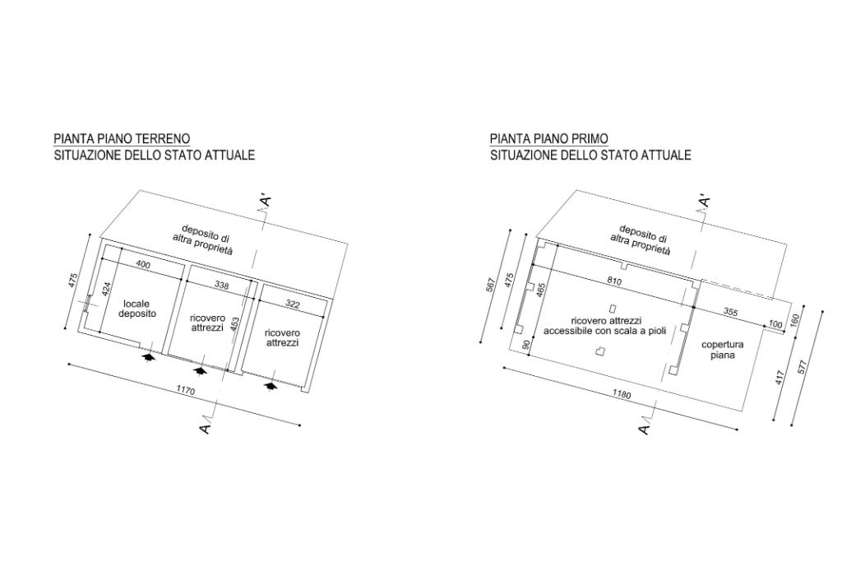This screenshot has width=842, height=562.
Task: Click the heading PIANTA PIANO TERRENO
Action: pyautogui.click(x=122, y=138)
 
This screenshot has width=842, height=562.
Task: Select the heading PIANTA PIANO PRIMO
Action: pyautogui.click(x=549, y=138)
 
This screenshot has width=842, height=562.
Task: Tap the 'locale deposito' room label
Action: pyautogui.click(x=137, y=309)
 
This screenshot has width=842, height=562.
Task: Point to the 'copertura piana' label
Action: pyautogui.click(x=722, y=350)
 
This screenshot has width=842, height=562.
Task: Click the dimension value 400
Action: pyautogui.click(x=142, y=265)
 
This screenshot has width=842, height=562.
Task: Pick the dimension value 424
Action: pyautogui.click(x=106, y=290)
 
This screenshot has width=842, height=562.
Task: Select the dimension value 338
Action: pyautogui.click(x=220, y=285)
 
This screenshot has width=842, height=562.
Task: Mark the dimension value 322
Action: pyautogui.click(x=293, y=304)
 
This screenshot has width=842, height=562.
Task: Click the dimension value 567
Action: pyautogui.click(x=491, y=284)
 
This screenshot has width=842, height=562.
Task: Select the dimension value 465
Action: pyautogui.click(x=540, y=290)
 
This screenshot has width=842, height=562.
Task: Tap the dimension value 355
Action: pyautogui.click(x=729, y=312)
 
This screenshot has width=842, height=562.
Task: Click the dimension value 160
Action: pyautogui.click(x=794, y=321)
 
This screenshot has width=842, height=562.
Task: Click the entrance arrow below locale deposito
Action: pyautogui.click(x=149, y=357)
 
